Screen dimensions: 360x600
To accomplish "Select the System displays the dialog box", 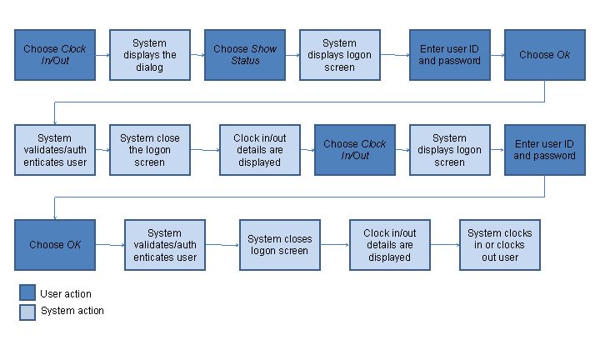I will tap(150, 55).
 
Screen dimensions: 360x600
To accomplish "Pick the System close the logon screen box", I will tap(150, 150).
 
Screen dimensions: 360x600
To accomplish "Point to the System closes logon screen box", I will tap(280, 245).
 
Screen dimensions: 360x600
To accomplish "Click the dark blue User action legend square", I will tap(27, 293).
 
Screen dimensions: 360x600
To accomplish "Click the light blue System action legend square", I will tap(27, 312).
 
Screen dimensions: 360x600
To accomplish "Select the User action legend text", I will tap(66, 293).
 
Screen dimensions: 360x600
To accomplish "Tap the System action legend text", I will tap(72, 311).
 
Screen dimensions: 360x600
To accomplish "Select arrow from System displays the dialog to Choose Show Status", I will tap(197, 55).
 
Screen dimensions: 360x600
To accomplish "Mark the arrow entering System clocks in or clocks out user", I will tap(446, 245).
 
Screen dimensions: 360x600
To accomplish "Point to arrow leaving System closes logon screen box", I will tap(335, 245).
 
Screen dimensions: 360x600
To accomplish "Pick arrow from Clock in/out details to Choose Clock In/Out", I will tap(307, 150).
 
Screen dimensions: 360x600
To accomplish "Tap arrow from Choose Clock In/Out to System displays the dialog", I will tap(102, 55).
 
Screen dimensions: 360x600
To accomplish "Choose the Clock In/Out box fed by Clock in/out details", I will tap(355, 150).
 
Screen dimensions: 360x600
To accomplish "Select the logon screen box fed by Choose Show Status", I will tap(340, 55).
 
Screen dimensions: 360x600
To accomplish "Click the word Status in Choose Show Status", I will tap(246, 61).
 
